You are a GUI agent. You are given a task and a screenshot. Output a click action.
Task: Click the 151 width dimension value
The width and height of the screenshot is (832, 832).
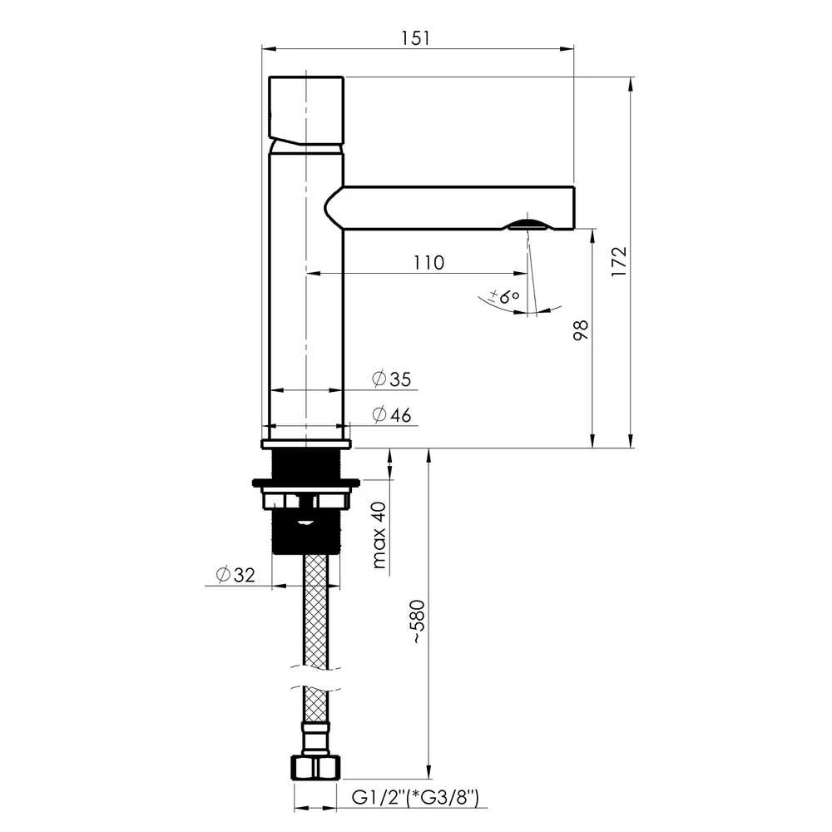(415, 38)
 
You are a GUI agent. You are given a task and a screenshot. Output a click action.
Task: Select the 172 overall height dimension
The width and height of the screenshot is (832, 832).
(619, 261)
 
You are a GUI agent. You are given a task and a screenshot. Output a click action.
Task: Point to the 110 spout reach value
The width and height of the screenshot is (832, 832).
(428, 263)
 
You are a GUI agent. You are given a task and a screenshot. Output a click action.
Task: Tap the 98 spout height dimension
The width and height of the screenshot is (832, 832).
(582, 330)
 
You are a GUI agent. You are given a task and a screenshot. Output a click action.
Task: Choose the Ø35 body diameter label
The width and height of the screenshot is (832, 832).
(392, 379)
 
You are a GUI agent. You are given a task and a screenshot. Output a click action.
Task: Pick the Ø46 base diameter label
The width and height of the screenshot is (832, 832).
(392, 414)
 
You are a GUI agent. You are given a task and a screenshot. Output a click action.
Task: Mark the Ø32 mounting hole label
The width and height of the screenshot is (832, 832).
(235, 575)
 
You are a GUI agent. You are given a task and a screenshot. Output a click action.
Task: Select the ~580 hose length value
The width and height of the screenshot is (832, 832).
(418, 622)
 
